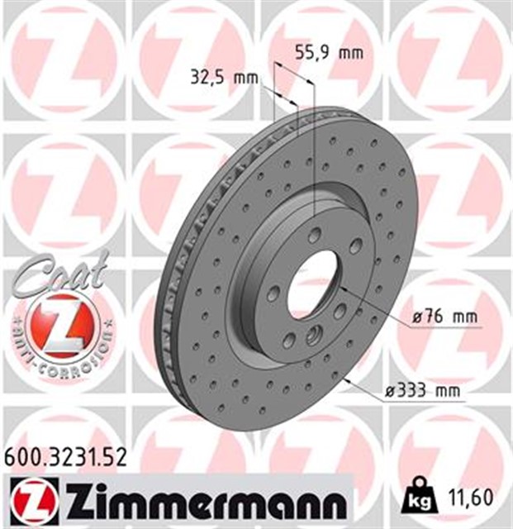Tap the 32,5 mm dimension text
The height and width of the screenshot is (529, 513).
[224, 79]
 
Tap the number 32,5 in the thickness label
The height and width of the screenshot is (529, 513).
[208, 79]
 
